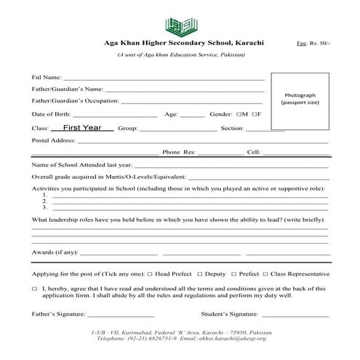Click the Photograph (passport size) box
[x=300, y=98]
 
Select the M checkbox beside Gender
[x=240, y=115]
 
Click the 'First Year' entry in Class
[x=82, y=127]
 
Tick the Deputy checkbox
[x=200, y=274]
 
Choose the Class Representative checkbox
[x=266, y=274]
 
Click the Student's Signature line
[x=289, y=316]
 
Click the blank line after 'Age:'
[x=192, y=115]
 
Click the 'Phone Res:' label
[x=179, y=153]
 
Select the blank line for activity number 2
[x=189, y=201]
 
